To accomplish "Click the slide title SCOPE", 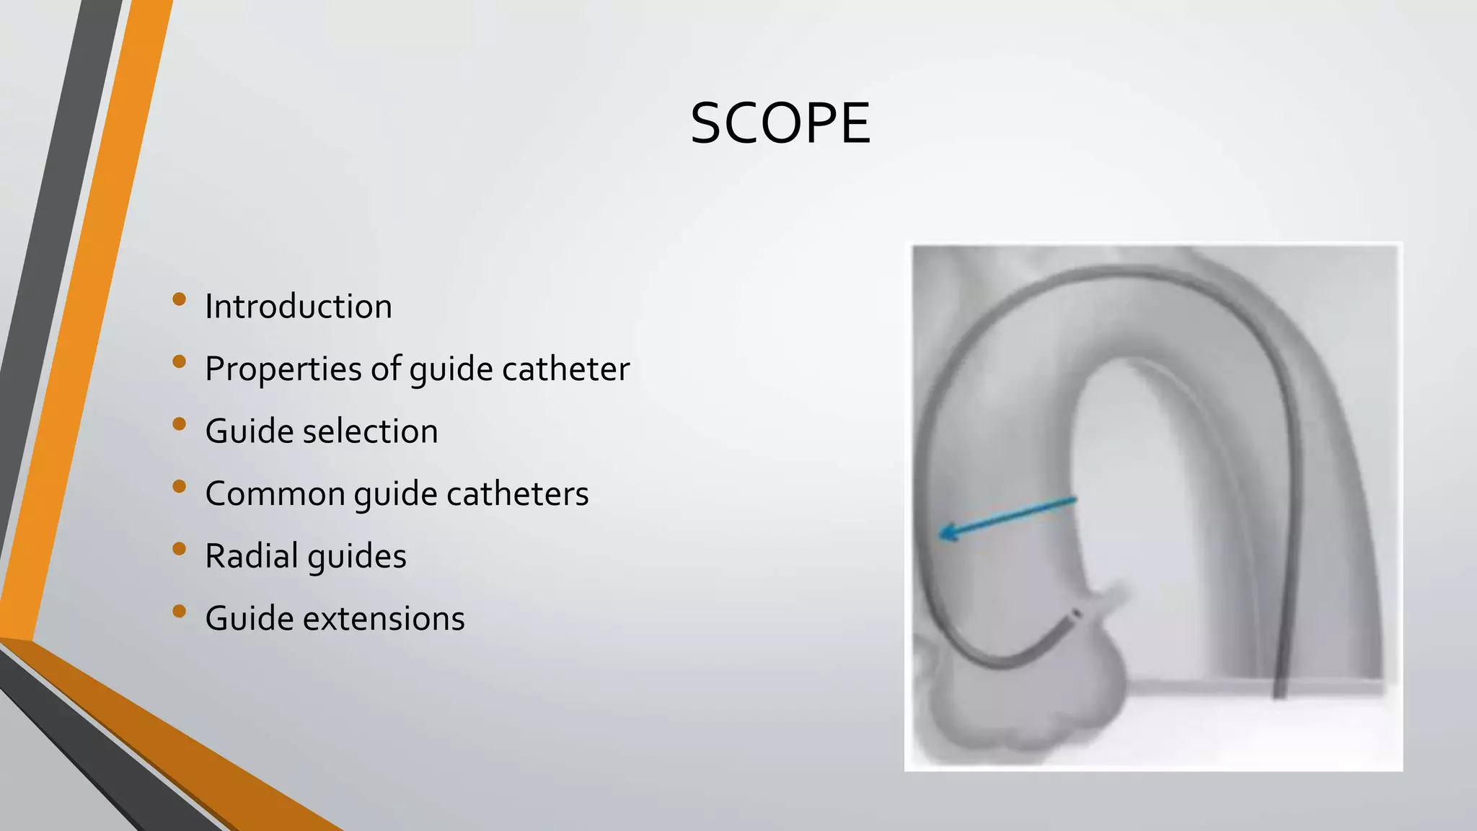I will click(780, 123).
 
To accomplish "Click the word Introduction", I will click(299, 307).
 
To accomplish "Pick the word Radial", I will click(252, 556).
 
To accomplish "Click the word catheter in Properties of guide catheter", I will click(565, 369).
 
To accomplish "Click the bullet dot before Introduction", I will click(180, 299).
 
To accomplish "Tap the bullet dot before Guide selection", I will click(180, 423).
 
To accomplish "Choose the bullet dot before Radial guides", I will click(180, 549).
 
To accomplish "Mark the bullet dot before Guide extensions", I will click(180, 612).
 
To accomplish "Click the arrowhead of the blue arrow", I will click(945, 534).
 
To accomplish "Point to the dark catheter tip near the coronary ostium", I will click(1077, 615).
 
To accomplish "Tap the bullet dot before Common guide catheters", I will click(180, 486).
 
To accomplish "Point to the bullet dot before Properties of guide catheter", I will click(180, 361).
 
